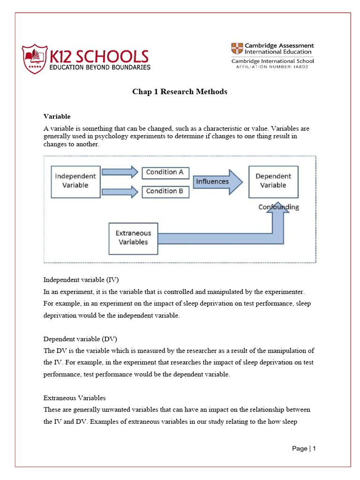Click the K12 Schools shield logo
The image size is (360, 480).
click(34, 59)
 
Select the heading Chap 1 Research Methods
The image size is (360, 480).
click(180, 92)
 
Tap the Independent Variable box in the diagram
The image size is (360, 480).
click(75, 180)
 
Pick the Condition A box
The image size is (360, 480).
click(165, 172)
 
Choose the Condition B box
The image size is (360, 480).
click(165, 191)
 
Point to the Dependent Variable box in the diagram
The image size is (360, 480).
click(273, 180)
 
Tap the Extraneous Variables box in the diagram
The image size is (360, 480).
click(133, 237)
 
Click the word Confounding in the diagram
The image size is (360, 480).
click(278, 207)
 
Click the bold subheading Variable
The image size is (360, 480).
click(57, 116)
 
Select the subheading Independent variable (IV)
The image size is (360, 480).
click(81, 280)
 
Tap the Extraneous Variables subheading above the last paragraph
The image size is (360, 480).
click(75, 397)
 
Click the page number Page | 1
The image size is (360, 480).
click(304, 449)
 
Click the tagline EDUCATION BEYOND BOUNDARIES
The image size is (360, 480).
click(100, 67)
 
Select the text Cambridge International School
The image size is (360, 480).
click(272, 61)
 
